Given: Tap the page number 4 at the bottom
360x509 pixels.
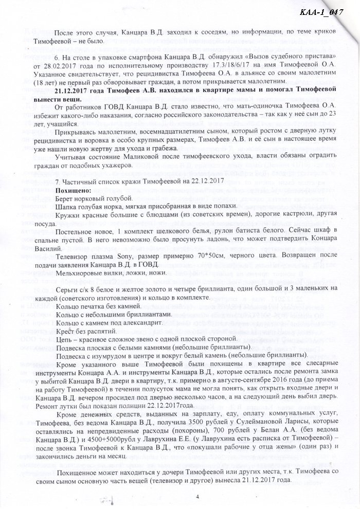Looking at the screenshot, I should point(197,497).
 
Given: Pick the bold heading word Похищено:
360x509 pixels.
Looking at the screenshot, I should point(76,190).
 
